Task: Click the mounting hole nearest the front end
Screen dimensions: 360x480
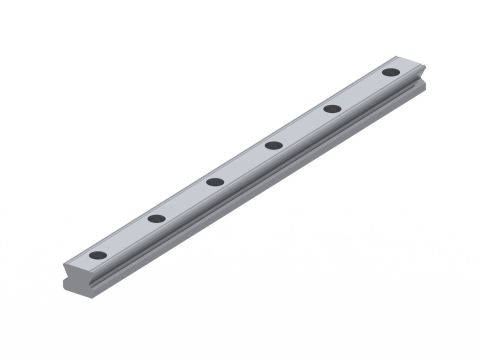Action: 97,255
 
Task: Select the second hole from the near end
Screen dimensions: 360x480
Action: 156,218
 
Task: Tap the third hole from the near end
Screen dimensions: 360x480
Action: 214,182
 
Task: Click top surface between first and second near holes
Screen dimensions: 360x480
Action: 127,237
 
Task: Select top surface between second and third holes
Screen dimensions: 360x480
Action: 185,200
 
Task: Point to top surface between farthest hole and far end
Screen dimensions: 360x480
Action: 403,65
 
